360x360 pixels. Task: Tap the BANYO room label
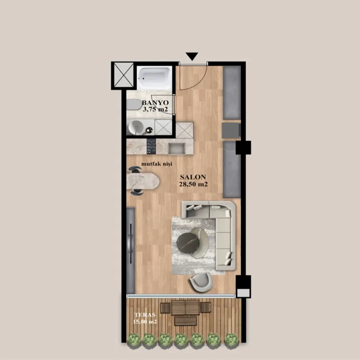pos(155,103)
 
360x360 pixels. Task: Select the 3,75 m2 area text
pos(155,109)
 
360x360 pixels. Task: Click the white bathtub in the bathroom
pos(154,77)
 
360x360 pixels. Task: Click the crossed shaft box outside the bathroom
pos(124,75)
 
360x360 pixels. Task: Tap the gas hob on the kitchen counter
pos(151,147)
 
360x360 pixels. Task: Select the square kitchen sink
pos(176,148)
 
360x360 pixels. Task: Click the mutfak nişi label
pos(157,164)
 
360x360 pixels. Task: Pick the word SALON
pos(193,177)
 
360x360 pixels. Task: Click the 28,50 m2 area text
pos(193,184)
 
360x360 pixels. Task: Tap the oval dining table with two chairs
pos(143,181)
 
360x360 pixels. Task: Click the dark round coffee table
pos(188,243)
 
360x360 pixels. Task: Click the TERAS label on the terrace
pos(145,315)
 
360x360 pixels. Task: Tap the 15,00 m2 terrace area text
pos(145,322)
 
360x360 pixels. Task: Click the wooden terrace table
pos(185,307)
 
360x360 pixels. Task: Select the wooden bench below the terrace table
pos(185,321)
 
